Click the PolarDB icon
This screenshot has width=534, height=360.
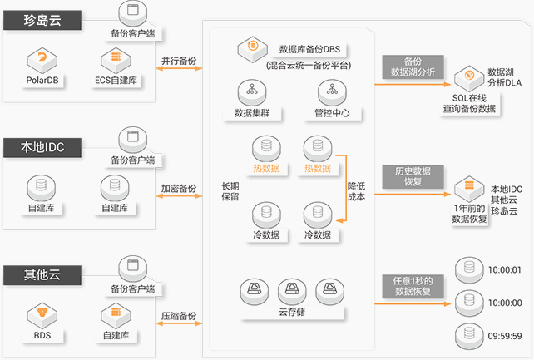pos(41,59)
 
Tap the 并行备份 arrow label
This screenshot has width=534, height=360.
pos(178,61)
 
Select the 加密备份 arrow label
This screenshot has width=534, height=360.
pos(178,189)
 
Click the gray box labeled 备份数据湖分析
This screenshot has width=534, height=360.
pos(413,67)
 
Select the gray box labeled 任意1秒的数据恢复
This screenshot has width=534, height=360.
pos(413,286)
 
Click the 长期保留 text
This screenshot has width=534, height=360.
pos(230,191)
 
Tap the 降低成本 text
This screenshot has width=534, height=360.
pos(356,191)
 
